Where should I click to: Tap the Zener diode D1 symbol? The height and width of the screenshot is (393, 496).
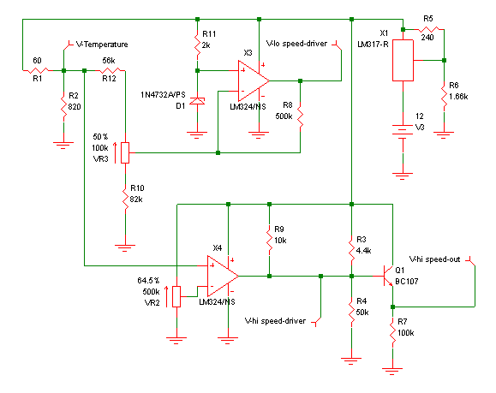tap(197, 101)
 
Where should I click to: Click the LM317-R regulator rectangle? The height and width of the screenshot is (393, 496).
tap(403, 60)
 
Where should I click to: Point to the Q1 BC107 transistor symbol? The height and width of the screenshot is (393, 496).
tap(388, 276)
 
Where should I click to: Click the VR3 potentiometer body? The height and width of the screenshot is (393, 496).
tap(125, 152)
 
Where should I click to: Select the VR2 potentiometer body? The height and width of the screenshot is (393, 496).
tap(176, 296)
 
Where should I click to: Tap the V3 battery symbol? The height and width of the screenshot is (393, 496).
tap(403, 132)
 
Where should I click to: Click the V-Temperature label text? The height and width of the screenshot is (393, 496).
tap(102, 45)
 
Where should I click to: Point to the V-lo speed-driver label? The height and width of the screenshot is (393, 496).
tap(296, 44)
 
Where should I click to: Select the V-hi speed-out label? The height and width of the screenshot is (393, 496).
tap(434, 259)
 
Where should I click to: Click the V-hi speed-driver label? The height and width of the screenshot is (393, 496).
tap(275, 321)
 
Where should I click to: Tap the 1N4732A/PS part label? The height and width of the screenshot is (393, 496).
tap(163, 95)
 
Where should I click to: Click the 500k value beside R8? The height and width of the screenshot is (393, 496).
tap(284, 116)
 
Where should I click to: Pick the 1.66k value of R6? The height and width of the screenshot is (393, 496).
tap(458, 97)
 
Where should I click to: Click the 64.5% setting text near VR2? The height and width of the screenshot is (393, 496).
tap(148, 281)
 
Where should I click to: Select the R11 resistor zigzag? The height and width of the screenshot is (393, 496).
tap(197, 45)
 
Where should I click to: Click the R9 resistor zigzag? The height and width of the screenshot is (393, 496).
tap(269, 241)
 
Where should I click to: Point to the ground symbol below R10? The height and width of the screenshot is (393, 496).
tap(125, 247)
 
